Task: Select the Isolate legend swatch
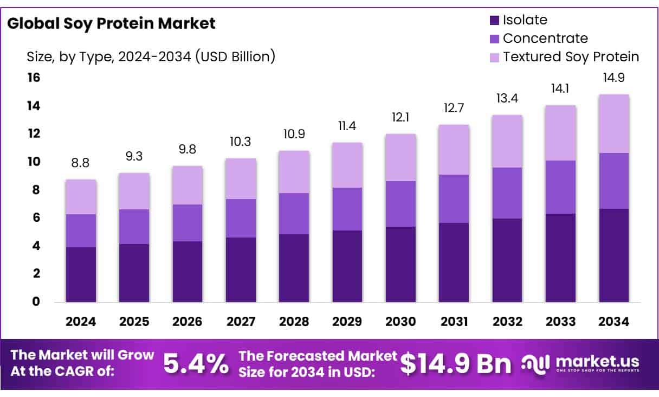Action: pos(494,21)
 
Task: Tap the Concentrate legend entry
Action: pos(545,39)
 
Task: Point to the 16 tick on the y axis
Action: pos(34,78)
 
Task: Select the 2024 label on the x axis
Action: pos(81,322)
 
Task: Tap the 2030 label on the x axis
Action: pos(400,322)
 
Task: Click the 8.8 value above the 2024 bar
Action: pos(81,163)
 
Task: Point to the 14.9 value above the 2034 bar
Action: pos(613,78)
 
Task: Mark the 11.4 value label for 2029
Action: pos(347,126)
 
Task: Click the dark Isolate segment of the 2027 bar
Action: pos(241,270)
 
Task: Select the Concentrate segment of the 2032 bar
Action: pos(507,193)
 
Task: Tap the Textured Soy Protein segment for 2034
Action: pos(613,124)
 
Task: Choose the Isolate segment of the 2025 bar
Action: pos(134,273)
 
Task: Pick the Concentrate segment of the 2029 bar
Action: pos(347,209)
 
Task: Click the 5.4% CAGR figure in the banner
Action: pos(196,364)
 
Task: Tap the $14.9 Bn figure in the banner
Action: pos(456,364)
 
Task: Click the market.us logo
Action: pos(579,363)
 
